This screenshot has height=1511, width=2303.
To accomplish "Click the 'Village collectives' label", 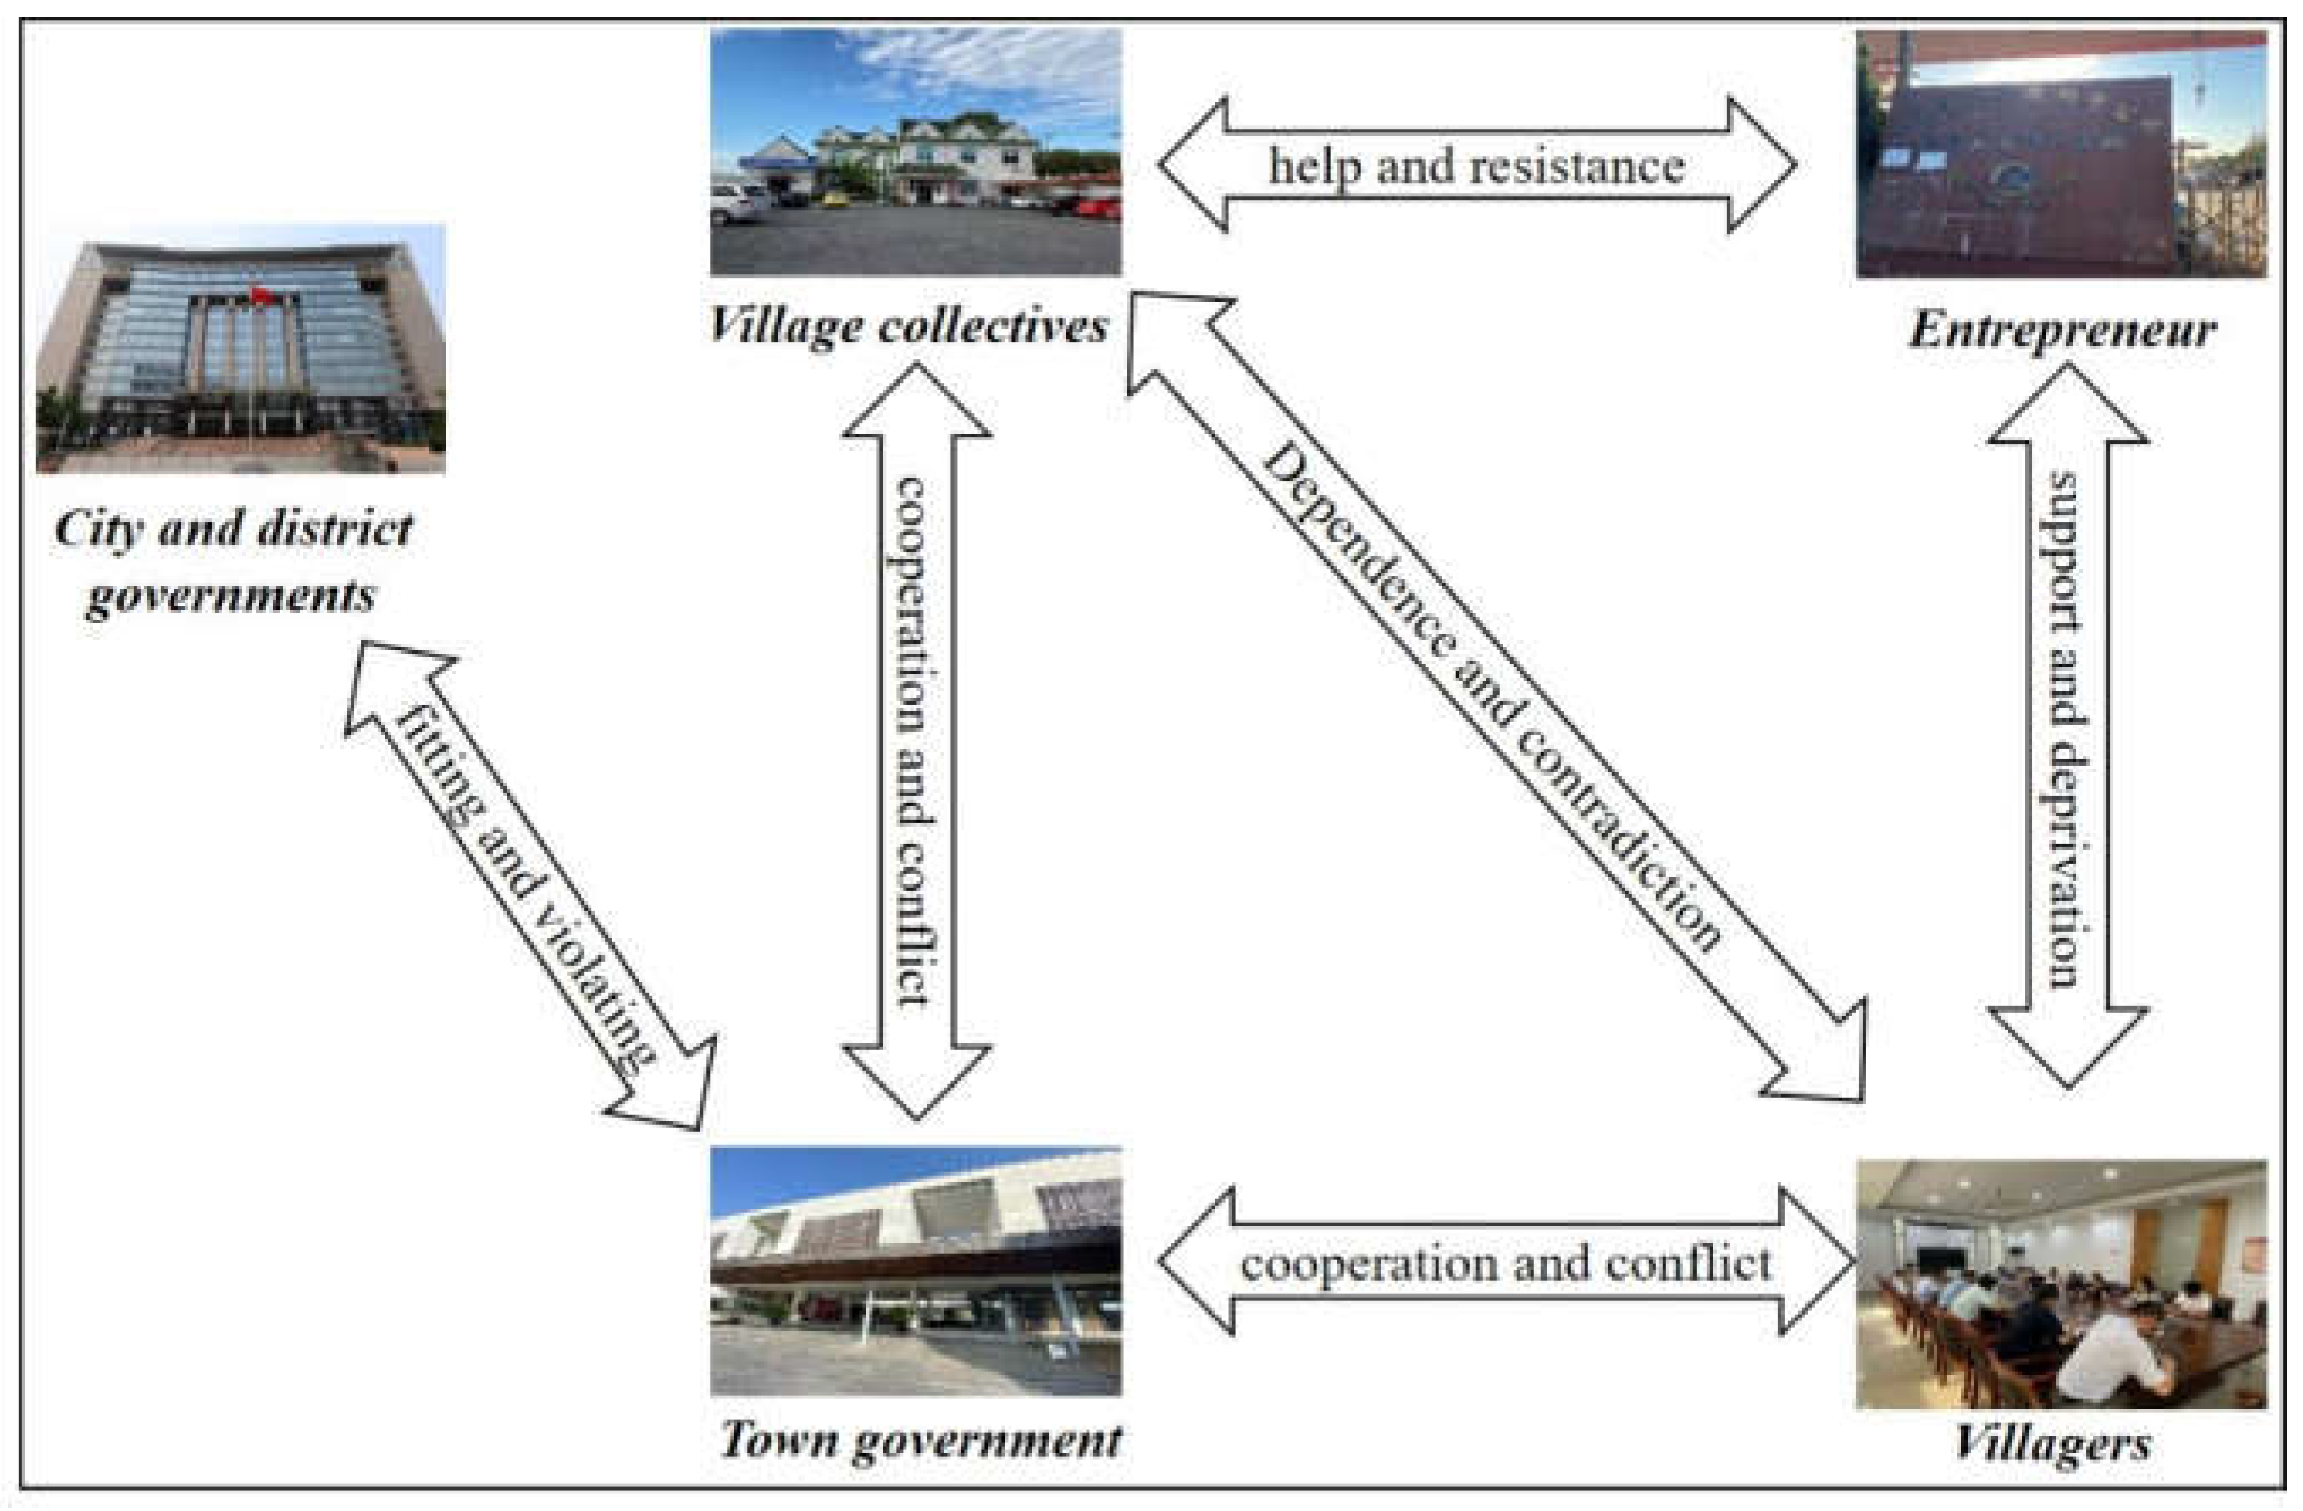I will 908,325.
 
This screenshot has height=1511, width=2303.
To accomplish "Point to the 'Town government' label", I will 920,1439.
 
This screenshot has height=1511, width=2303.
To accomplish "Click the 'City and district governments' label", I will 232,561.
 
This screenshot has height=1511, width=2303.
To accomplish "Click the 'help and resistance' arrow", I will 1476,165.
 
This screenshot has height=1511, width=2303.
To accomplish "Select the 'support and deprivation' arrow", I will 2068,726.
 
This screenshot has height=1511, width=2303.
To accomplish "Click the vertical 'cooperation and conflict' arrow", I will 916,740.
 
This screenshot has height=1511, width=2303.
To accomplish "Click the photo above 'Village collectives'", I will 916,152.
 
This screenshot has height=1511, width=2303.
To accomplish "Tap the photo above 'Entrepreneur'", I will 2061,155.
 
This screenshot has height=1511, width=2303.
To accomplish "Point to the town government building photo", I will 916,1271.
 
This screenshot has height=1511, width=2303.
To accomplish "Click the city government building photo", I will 240,348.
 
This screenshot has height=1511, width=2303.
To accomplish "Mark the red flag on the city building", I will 259,295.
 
